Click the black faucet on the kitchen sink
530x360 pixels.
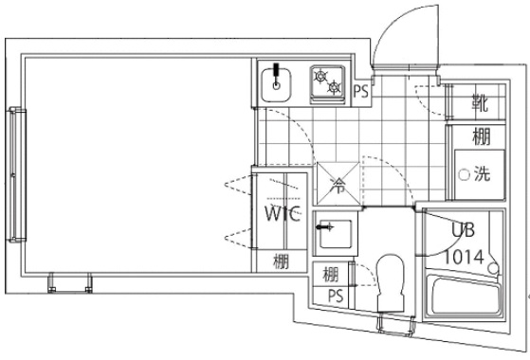(277, 72)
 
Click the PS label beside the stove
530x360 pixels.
(360, 92)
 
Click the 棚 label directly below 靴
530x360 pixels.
(481, 136)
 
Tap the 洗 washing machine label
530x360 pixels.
(480, 174)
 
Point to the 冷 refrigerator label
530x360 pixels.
(338, 187)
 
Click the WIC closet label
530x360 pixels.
(282, 214)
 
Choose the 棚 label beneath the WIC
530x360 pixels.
(282, 262)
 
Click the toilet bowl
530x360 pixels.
(390, 279)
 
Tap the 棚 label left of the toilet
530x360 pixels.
(331, 276)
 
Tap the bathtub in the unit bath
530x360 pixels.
(464, 301)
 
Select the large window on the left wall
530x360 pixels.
(16, 174)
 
